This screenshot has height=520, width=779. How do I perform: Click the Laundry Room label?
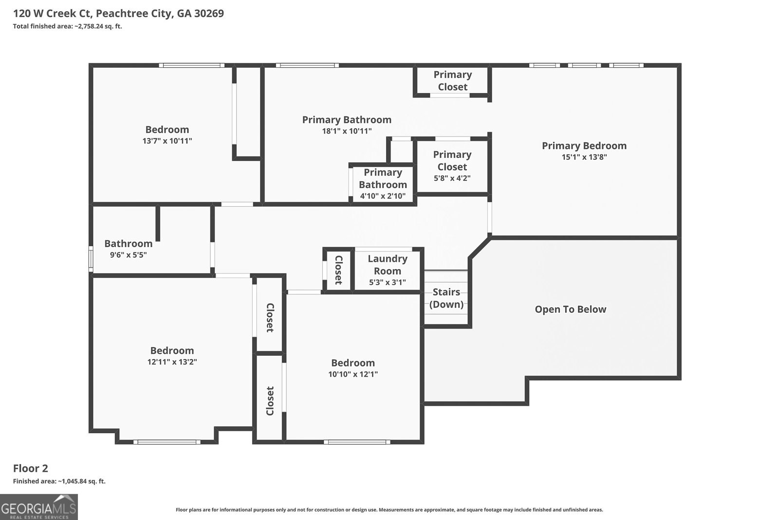tap(388, 265)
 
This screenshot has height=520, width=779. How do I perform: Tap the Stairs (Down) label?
tap(446, 298)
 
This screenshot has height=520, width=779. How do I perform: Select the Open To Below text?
tap(570, 309)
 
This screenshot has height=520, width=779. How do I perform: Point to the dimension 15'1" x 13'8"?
tap(584, 157)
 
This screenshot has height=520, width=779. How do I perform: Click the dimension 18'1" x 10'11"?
tap(347, 131)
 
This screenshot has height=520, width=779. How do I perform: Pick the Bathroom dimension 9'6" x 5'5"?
tap(129, 255)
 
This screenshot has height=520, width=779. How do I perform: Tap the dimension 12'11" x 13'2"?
tap(172, 362)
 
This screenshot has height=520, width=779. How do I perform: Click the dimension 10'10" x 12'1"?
tap(353, 374)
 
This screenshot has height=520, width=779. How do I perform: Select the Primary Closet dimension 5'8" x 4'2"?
tap(452, 178)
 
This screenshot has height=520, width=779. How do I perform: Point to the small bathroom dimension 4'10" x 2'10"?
tap(383, 196)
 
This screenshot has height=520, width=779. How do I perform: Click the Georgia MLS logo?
tap(38, 507)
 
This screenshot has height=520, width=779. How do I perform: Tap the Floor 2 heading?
tap(31, 468)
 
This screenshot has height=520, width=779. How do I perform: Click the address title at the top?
tap(119, 14)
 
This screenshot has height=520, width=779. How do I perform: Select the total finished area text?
tap(68, 26)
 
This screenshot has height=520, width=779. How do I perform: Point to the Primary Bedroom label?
tap(584, 146)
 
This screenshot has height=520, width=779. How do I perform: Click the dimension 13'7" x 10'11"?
tap(167, 141)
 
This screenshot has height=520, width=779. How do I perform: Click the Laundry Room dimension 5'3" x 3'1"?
tap(388, 282)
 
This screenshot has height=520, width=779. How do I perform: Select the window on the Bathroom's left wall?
tap(91, 259)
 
